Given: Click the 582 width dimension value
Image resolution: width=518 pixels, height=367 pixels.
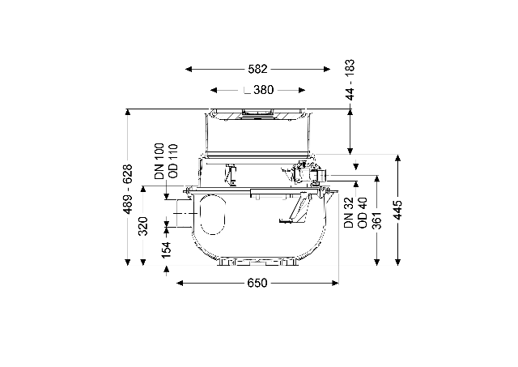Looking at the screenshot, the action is [257, 69].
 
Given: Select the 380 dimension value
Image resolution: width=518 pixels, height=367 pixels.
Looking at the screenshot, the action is [264, 90].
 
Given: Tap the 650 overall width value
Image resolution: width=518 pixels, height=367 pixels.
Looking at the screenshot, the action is [257, 283].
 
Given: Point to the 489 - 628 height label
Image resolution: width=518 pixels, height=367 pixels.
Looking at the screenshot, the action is [127, 189].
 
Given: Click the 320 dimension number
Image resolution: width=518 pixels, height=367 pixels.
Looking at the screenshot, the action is [143, 226].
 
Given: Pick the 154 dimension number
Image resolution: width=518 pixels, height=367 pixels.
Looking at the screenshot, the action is [166, 250].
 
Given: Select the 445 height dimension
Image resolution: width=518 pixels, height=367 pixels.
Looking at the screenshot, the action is [398, 210].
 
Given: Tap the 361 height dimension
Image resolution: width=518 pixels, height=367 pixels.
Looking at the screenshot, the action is [376, 220].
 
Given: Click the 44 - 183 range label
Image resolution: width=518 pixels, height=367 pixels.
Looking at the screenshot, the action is [350, 79].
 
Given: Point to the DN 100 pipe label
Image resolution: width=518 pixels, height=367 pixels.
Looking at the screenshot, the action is [159, 161].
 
